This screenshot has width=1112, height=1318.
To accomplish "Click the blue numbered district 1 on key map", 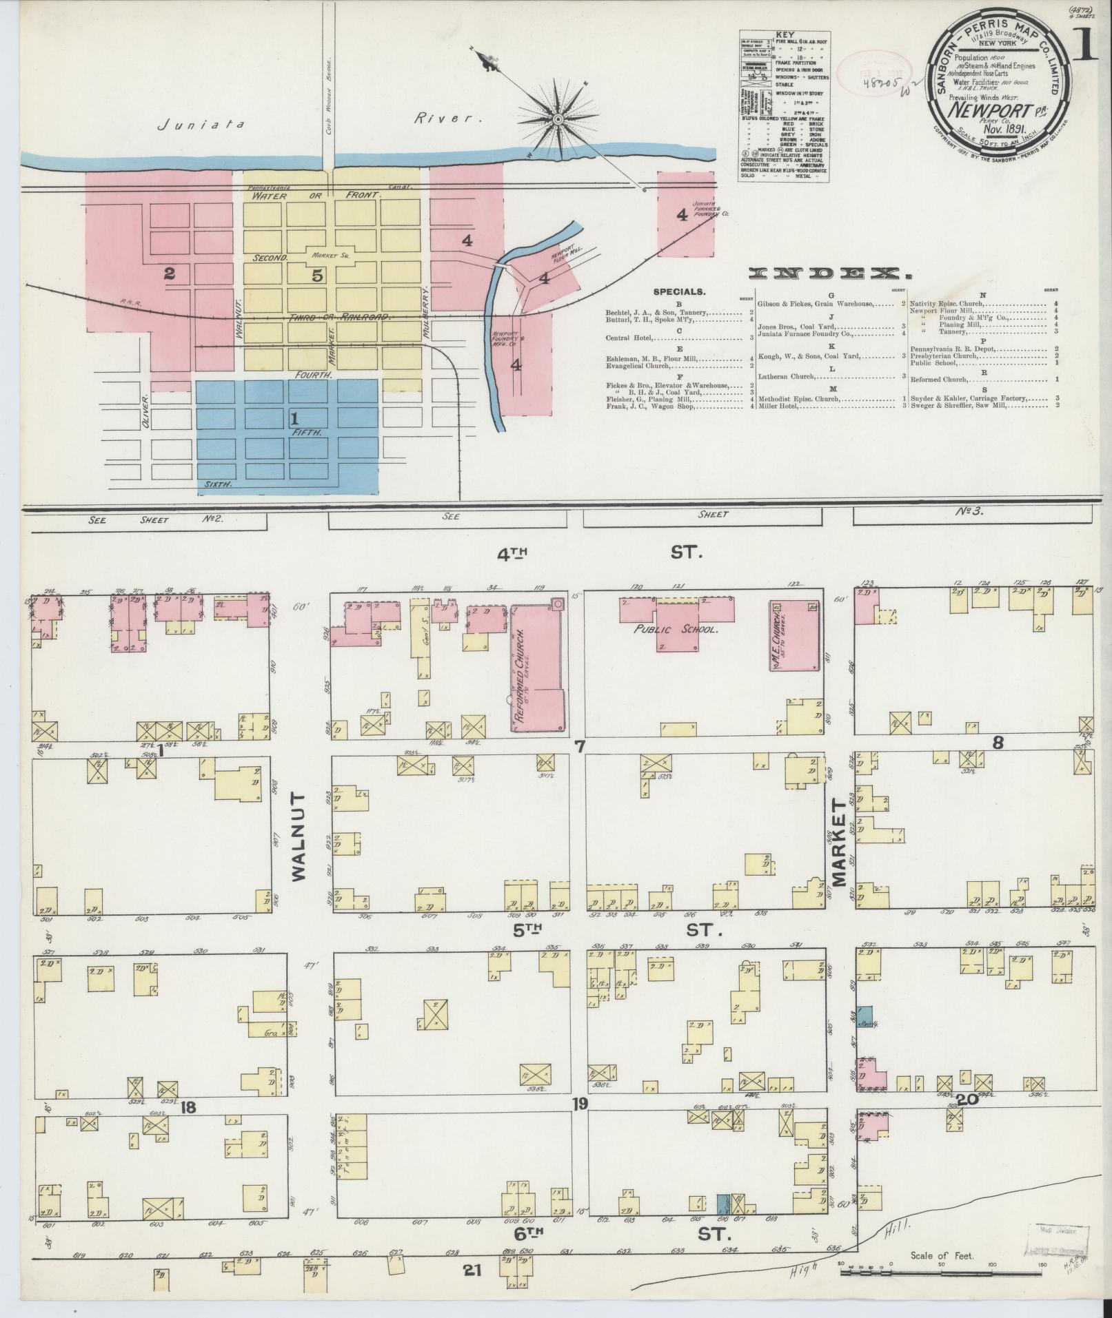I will point(294,418).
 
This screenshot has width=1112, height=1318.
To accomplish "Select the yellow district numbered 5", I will point(316,276).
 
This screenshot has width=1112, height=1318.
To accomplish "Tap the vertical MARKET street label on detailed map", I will point(838,842).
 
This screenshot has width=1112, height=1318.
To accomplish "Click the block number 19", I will point(578,1104).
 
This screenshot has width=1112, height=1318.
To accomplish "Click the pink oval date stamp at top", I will point(874,70).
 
